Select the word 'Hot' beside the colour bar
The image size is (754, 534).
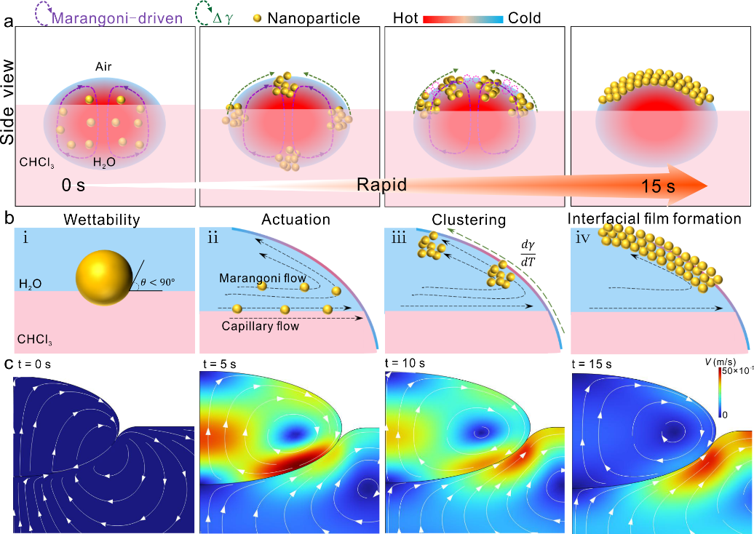pos(405,17)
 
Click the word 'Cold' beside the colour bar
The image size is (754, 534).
pos(525,17)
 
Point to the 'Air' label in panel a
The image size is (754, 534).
pos(103,67)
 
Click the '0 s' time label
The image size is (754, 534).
pos(74,185)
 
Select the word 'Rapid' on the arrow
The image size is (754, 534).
pos(381,185)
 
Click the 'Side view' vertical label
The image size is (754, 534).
pos(10,102)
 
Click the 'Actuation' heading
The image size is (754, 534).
pos(295,218)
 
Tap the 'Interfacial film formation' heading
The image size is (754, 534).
pos(656,218)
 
